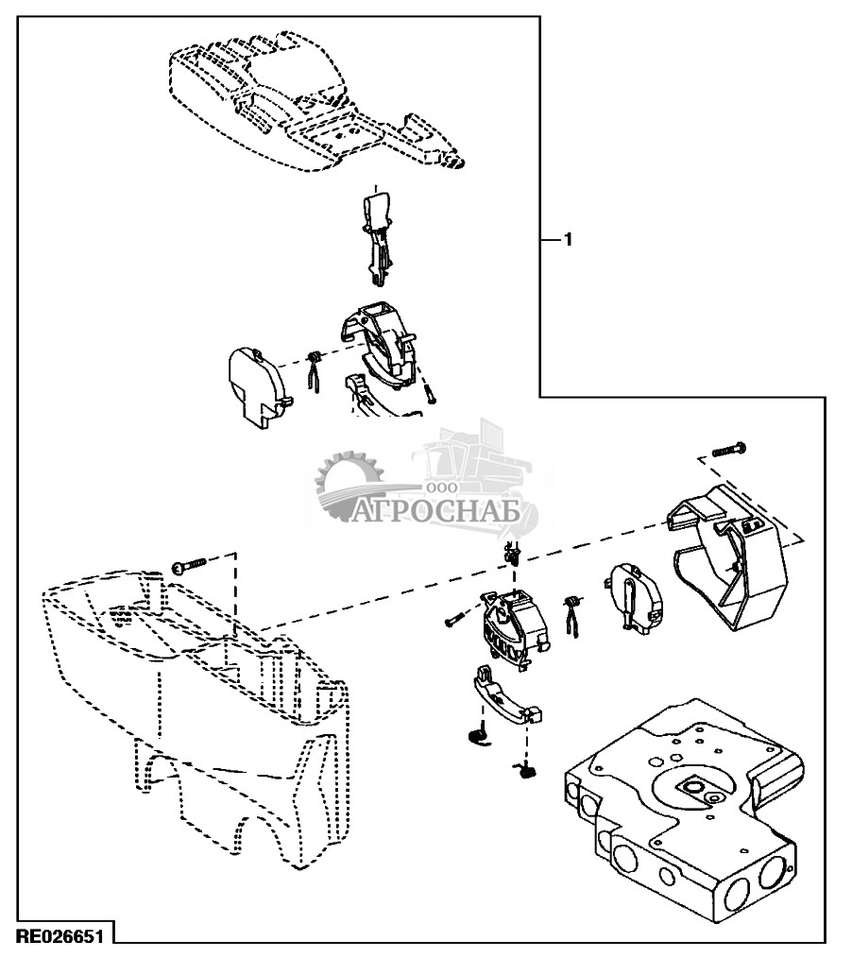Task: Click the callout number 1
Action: coord(568,240)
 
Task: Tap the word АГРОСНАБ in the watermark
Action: coord(436,511)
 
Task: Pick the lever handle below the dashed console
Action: coord(378,239)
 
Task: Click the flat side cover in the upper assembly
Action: coord(259,387)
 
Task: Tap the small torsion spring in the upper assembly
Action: coord(315,372)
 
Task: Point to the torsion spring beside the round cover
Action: coord(572,615)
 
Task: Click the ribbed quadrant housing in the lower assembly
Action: coord(514,630)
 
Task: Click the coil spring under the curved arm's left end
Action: coord(481,735)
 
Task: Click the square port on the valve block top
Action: coord(694,788)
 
